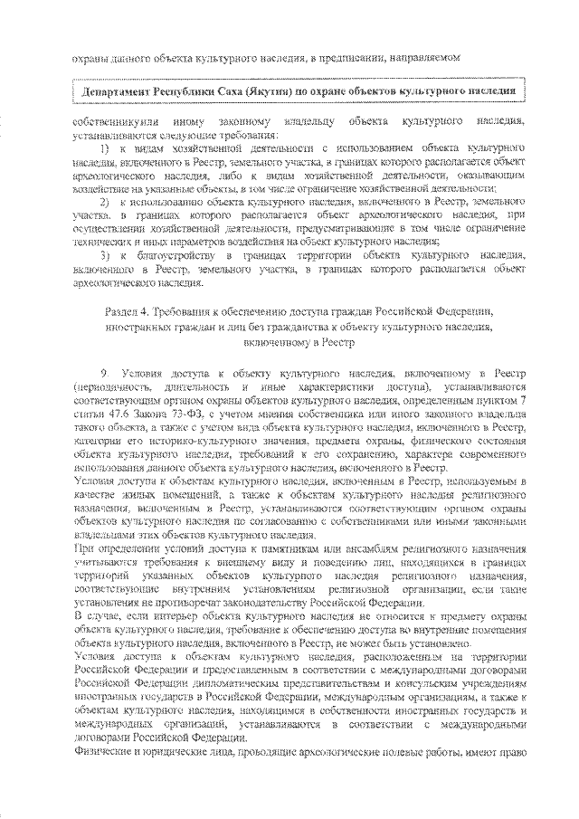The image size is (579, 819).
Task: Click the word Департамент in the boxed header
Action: (x=117, y=92)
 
